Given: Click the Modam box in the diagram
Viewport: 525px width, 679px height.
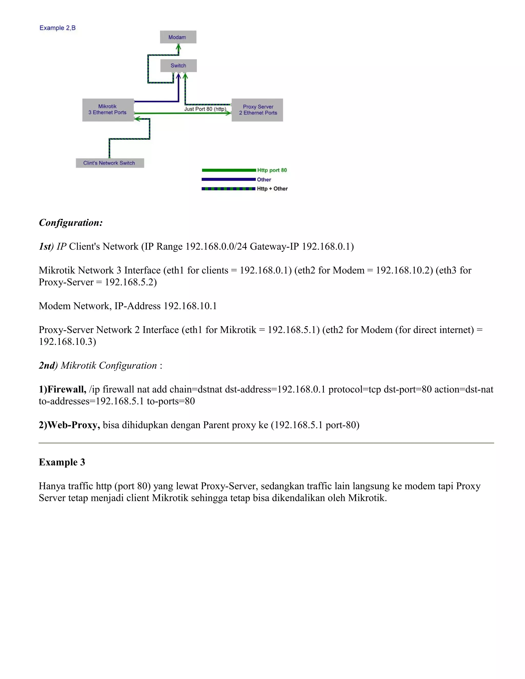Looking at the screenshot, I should pos(178,37).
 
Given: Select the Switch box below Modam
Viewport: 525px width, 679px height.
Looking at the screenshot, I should pos(178,66).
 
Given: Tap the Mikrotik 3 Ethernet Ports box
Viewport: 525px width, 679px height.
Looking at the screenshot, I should pos(108,110).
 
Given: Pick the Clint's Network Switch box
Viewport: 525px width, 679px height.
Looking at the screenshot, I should pos(109,163).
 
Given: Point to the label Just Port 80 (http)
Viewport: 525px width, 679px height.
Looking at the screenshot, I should pos(205,109).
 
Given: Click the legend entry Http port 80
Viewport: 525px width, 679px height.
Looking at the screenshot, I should pos(272,170).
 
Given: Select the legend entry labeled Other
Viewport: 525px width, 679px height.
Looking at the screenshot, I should pos(264,179).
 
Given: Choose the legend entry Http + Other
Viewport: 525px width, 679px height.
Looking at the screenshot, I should pos(272,189).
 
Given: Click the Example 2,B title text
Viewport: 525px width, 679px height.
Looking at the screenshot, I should pos(57,28).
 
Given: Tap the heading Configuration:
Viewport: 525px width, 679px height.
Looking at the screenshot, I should pos(70,223).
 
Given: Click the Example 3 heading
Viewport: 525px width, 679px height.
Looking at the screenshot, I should pos(62,462).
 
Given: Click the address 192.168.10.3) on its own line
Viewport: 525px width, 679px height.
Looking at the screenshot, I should pos(67,342).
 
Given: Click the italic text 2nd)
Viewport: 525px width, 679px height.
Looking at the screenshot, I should pos(48,366).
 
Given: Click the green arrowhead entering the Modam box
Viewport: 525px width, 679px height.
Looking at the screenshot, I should pos(178,47).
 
